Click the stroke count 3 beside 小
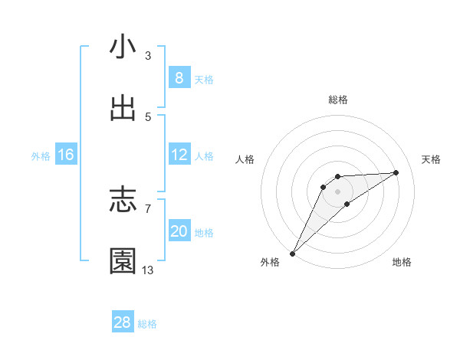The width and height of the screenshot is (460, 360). (148, 56)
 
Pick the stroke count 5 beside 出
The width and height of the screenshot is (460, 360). (148, 117)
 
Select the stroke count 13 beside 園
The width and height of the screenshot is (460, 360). (148, 270)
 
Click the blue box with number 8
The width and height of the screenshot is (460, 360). (179, 78)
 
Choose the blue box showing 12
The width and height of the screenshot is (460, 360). (179, 155)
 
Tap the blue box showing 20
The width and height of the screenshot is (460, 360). (179, 231)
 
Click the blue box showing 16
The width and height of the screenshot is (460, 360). (66, 155)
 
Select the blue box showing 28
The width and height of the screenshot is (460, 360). (123, 322)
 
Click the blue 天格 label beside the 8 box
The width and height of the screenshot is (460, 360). (204, 79)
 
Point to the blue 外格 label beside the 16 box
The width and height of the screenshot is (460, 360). (41, 155)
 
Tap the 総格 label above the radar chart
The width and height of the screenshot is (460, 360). (338, 100)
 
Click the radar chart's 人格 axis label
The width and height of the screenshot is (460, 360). (245, 159)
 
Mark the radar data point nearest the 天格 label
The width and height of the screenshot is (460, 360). (396, 172)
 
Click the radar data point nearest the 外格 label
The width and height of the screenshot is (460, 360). (292, 253)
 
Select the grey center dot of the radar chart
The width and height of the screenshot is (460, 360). (337, 191)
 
